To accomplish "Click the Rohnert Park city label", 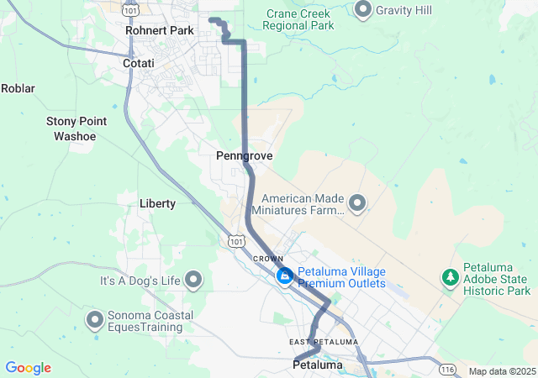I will [159, 30].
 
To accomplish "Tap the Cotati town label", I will [138, 63].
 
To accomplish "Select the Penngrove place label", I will [244, 156].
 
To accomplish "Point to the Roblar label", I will [17, 87].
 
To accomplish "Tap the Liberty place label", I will [157, 203].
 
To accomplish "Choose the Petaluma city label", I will [318, 365].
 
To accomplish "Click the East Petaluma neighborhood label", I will [324, 342].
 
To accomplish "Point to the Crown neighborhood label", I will [267, 258].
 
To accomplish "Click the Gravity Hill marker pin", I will [363, 10].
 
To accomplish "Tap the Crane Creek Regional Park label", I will [298, 19].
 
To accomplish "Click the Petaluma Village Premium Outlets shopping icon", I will [285, 276].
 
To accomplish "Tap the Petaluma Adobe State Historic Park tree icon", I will [451, 276].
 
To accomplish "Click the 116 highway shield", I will [446, 370].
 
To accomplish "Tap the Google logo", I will [28, 368].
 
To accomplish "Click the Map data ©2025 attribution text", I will [502, 371].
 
